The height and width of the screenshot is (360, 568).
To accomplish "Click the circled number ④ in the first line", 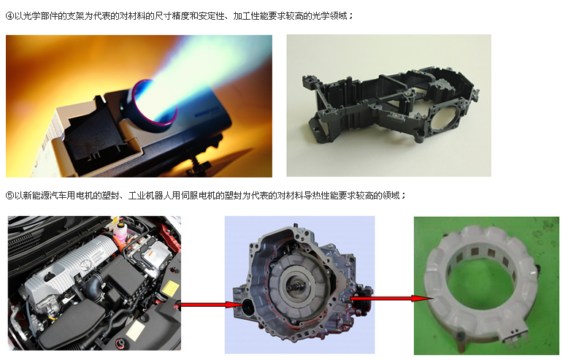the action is pos(9,16).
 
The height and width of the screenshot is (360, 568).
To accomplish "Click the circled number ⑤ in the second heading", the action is pos(9,196).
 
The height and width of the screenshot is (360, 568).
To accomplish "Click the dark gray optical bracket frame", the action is pos(391,105).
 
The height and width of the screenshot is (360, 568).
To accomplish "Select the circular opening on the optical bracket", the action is pos(444,119).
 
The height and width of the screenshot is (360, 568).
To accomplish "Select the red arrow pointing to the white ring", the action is pos(392,299).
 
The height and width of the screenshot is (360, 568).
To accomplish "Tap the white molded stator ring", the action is pos(480,286).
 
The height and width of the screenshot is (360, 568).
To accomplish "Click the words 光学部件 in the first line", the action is pos(40,16).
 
